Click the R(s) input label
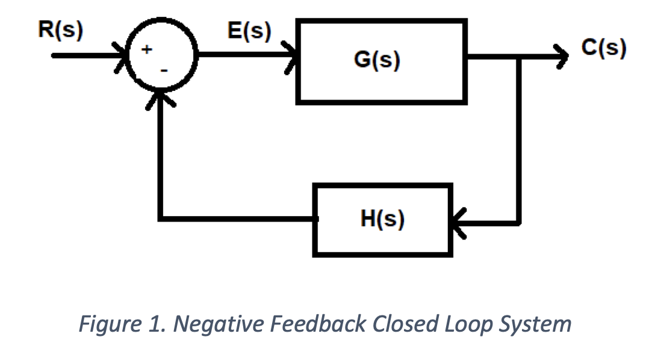pos(60,29)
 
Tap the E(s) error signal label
pos(249,30)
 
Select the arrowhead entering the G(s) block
pos(291,56)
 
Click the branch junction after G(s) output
pos(518,57)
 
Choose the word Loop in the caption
pos(467,324)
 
